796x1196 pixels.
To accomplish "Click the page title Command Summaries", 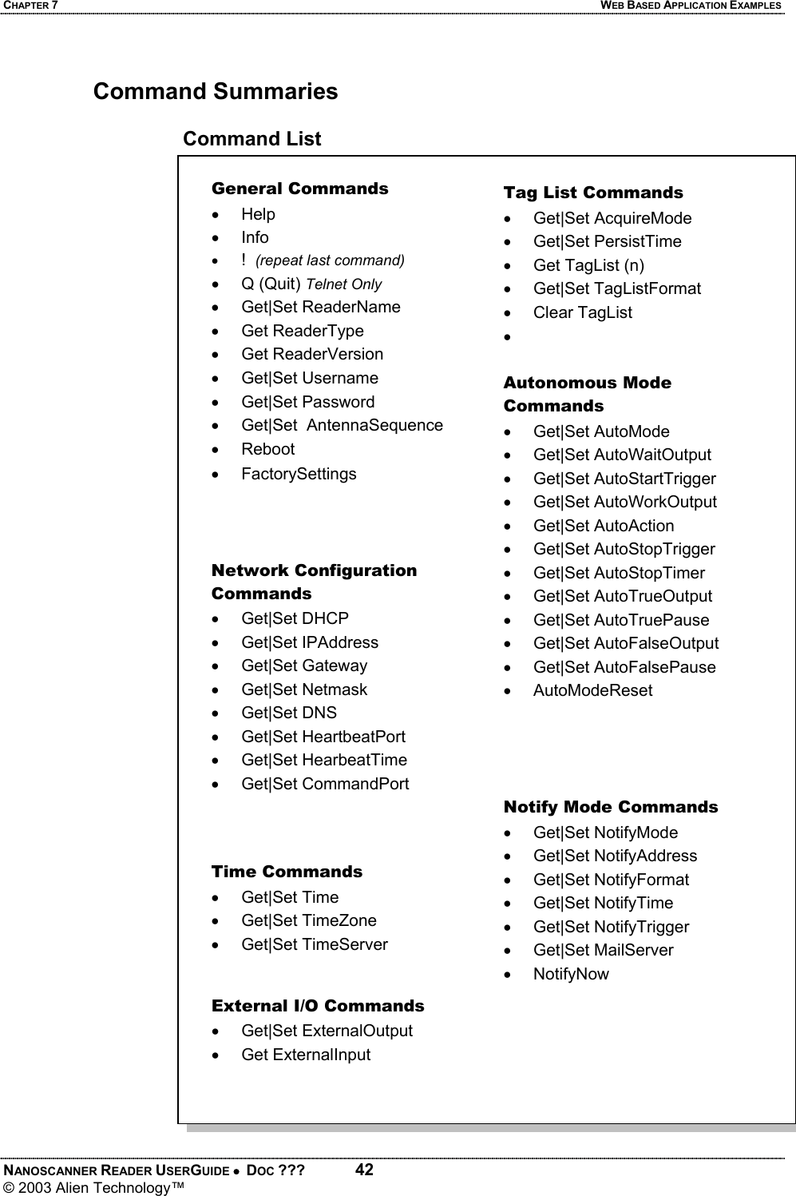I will (216, 92).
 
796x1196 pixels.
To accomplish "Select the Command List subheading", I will (251, 139).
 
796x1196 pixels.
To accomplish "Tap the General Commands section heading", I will (299, 189).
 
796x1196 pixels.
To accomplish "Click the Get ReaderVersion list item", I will (311, 354).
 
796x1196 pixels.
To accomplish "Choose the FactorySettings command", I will (299, 474).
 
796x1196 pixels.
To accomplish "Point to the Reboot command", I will (267, 449).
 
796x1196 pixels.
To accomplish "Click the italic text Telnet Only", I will (344, 284).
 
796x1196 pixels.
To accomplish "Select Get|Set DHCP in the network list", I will (295, 618).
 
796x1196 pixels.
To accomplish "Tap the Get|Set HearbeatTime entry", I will (323, 760).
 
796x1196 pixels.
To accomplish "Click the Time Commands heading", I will (287, 872).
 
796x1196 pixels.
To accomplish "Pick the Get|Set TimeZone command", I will (308, 920).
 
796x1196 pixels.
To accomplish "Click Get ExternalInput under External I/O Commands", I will (306, 1055).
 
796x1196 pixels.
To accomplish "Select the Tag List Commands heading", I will (592, 193).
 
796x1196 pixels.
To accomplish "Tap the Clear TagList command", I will (582, 312).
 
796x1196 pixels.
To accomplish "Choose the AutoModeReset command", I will (592, 690).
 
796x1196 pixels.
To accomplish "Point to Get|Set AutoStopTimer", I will (619, 573).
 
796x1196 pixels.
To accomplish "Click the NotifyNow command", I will (571, 974).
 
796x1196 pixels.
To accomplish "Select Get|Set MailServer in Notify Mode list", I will (603, 950).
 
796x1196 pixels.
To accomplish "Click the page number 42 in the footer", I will (364, 1170).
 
